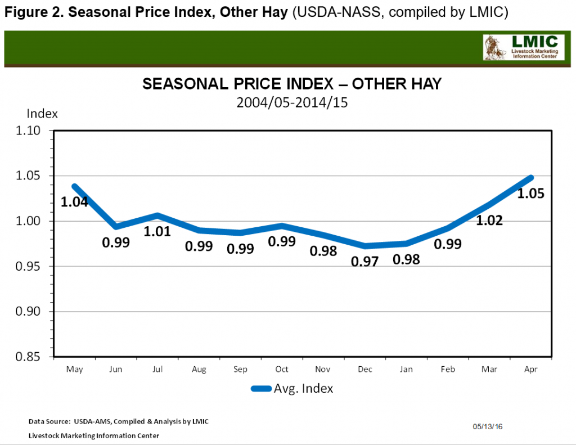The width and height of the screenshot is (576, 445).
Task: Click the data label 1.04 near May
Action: (x=74, y=201)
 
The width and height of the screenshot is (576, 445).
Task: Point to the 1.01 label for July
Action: (x=157, y=231)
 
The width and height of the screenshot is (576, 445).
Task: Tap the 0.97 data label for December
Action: (x=366, y=262)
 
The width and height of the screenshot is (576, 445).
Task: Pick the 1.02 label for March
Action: (x=488, y=221)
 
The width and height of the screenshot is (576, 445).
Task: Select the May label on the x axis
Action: (x=74, y=370)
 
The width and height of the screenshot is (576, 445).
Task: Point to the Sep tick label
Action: (x=240, y=370)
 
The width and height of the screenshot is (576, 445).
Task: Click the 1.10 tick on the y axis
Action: (x=34, y=131)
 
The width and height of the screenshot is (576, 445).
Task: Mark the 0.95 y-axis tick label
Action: (x=34, y=267)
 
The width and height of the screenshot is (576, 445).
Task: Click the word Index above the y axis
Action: (x=42, y=114)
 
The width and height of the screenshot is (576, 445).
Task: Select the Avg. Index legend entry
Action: (x=292, y=388)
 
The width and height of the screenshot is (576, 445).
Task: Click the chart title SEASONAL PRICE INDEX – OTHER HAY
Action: (x=292, y=84)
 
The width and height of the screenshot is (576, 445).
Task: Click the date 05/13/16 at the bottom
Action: (x=488, y=427)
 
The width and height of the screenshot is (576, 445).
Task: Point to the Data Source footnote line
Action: (x=119, y=421)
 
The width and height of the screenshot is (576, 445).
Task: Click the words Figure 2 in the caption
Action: (x=31, y=12)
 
